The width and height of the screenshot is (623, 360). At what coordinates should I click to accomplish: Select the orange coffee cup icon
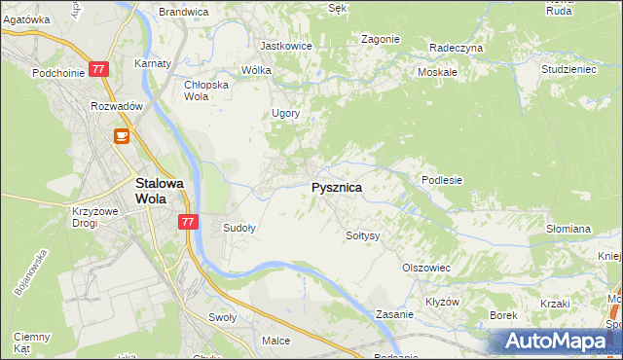pos(122,137)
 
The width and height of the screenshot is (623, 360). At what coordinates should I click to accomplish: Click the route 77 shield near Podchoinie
pos(98,69)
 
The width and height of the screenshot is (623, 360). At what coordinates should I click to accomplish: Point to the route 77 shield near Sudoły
pos(189,222)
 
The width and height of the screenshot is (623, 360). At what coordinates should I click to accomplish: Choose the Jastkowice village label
pos(284,45)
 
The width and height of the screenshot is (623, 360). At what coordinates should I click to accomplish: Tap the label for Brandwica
pos(184,12)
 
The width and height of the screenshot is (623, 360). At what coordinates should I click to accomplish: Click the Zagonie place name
pos(380,39)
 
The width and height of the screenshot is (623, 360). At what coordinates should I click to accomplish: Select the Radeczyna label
pos(456,47)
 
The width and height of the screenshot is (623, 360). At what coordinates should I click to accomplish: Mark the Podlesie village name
pos(441,180)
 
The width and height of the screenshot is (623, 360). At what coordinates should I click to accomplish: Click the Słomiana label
pos(568,229)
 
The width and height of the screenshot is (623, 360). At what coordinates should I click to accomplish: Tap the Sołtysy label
pos(363,235)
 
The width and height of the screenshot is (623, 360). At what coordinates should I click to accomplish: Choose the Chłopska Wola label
pos(205,90)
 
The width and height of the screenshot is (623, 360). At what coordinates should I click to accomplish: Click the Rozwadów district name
pos(117,106)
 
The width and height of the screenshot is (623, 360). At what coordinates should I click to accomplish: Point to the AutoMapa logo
pos(556,342)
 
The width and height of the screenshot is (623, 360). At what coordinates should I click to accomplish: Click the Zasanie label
pos(396,314)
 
